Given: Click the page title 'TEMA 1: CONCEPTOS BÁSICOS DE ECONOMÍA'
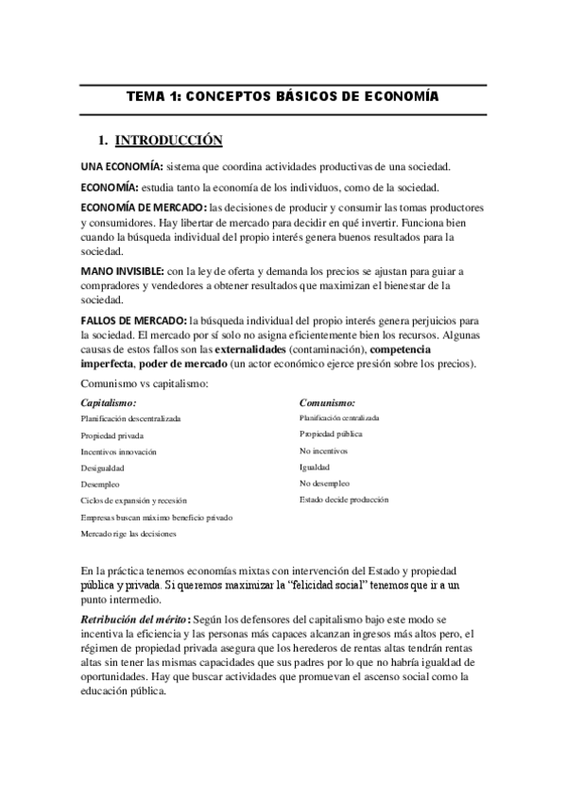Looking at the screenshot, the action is (x=283, y=97).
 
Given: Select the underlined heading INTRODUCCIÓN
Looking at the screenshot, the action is (x=168, y=142).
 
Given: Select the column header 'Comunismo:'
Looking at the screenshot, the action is (x=327, y=402).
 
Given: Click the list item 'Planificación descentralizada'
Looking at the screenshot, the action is (x=130, y=418).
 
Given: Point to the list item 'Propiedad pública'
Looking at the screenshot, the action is (x=331, y=435).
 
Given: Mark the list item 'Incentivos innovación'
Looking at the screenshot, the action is (x=119, y=452).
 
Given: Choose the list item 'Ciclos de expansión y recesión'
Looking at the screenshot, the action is (x=134, y=500).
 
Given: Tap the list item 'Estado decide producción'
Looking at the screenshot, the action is (x=343, y=500).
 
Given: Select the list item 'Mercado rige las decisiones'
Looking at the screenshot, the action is (x=129, y=534).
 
